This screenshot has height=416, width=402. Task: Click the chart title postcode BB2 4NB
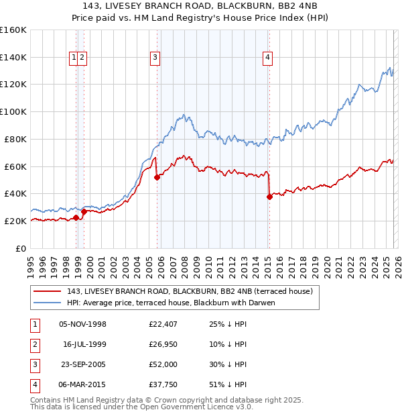click(x=291, y=6)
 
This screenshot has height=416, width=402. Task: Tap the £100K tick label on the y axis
click(x=13, y=111)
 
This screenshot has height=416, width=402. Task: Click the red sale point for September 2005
click(x=157, y=177)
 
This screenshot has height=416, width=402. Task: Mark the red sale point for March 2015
click(x=269, y=197)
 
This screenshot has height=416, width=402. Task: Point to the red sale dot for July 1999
click(x=84, y=211)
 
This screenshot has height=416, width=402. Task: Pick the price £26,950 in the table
click(x=163, y=344)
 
